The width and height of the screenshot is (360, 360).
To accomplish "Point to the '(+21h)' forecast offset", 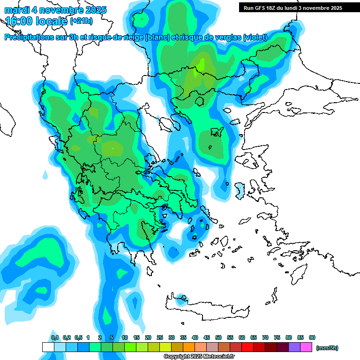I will point(82,22).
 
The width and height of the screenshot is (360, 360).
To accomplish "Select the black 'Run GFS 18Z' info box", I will point(292,8).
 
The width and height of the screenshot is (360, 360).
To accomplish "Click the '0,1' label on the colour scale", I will point(55,337).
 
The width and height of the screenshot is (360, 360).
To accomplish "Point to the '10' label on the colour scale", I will point(125,337).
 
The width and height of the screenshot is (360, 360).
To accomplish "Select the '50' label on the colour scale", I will point(218,337).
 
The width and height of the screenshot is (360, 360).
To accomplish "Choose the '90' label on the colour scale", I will point(312,337).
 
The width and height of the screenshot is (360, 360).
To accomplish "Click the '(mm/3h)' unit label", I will point(327,348).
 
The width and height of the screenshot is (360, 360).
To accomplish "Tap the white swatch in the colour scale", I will point(48,347).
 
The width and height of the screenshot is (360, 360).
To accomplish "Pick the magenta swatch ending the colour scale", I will point(306,347).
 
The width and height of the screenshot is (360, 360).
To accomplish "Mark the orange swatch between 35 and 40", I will point(189,347).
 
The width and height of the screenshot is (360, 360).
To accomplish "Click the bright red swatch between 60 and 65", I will point(247,347).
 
